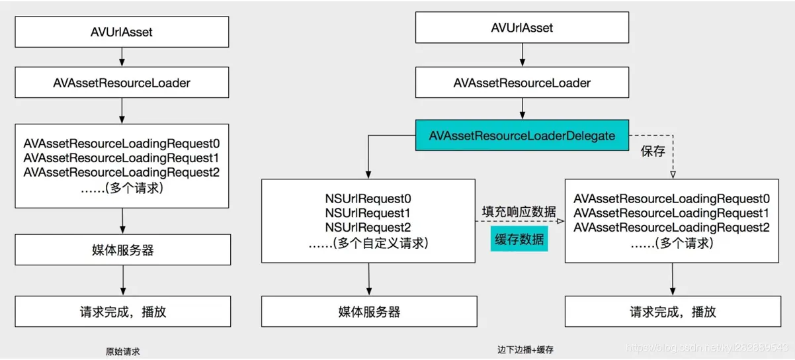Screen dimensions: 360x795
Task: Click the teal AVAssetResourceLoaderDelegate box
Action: pyautogui.click(x=523, y=136)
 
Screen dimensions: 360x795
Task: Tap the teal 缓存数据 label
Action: pyautogui.click(x=519, y=239)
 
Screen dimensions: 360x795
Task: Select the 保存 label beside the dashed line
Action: pyautogui.click(x=651, y=152)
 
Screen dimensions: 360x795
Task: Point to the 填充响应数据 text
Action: pyautogui.click(x=518, y=210)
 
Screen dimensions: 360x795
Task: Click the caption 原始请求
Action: pyautogui.click(x=123, y=351)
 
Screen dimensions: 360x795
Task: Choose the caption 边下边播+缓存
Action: pyautogui.click(x=524, y=349)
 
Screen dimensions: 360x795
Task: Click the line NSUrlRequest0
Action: pyautogui.click(x=368, y=199)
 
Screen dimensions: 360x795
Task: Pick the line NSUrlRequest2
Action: pyautogui.click(x=368, y=228)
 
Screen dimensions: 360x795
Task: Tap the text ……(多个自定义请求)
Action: pyautogui.click(x=368, y=244)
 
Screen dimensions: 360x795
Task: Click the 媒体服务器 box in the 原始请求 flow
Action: pyautogui.click(x=123, y=249)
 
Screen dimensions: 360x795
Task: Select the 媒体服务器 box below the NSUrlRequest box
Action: pyautogui.click(x=368, y=311)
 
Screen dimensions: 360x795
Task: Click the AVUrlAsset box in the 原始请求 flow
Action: pyautogui.click(x=123, y=31)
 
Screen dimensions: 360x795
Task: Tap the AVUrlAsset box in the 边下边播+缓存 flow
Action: pyautogui.click(x=523, y=28)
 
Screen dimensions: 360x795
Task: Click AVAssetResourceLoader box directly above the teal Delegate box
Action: pyautogui.click(x=523, y=83)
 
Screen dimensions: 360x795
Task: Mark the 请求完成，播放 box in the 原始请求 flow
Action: pyautogui.click(x=123, y=311)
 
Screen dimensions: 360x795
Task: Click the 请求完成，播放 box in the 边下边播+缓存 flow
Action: pyautogui.click(x=673, y=311)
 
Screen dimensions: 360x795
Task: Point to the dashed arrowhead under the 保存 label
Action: pyautogui.click(x=673, y=175)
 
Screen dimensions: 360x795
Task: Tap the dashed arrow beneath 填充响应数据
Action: pyautogui.click(x=519, y=222)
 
